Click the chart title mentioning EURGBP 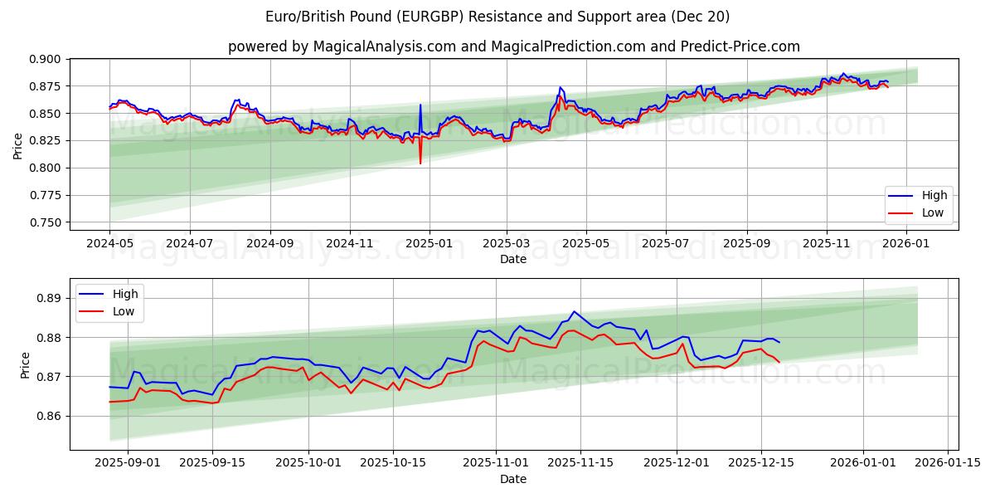(x=498, y=17)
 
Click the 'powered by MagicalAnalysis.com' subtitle (x=514, y=46)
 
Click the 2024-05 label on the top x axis (x=109, y=243)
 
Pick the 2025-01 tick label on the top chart (x=429, y=243)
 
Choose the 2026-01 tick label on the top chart (x=906, y=243)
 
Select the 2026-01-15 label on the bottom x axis (x=948, y=463)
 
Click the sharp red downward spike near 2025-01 (x=420, y=163)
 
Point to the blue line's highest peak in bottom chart (x=574, y=311)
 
